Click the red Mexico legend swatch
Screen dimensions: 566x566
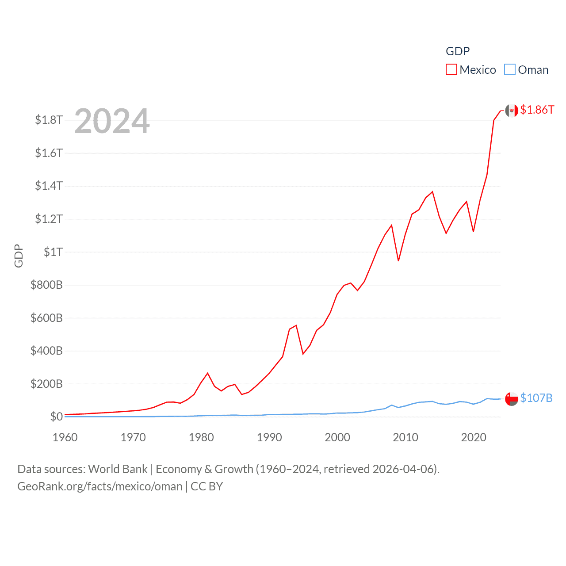451,70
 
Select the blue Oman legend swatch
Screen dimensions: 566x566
510,70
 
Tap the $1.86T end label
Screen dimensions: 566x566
537,110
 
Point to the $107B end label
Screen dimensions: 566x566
536,398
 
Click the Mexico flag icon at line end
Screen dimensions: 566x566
512,111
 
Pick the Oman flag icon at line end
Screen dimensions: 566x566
512,399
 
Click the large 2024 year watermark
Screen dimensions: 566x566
112,121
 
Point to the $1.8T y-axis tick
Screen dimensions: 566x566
49,120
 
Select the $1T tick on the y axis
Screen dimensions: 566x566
53,252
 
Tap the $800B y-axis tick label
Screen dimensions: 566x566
46,285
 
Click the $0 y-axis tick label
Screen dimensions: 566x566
56,417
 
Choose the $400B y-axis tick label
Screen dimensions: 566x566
46,351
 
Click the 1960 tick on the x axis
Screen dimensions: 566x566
65,437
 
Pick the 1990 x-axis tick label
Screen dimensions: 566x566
269,437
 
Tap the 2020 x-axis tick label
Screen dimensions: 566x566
474,437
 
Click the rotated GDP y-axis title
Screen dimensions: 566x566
19,256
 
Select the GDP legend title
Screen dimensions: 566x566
458,51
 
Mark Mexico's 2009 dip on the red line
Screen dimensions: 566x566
398,260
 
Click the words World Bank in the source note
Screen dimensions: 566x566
118,469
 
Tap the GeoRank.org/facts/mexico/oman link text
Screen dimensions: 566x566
100,486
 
